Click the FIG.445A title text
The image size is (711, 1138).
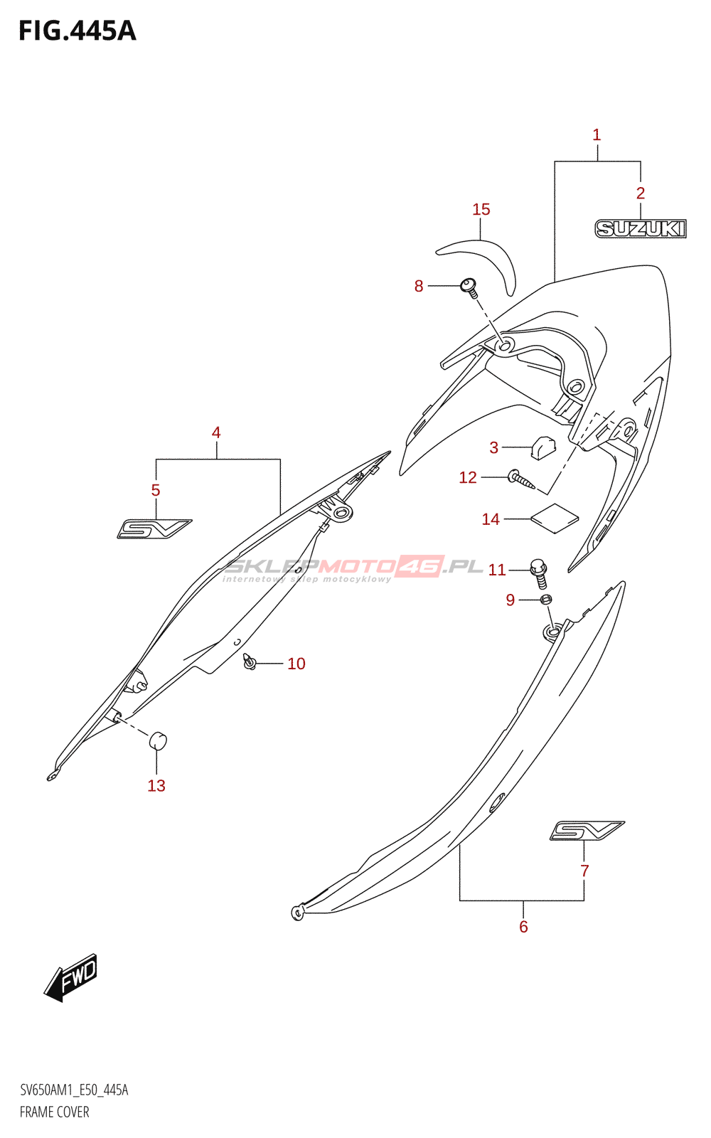(x=77, y=31)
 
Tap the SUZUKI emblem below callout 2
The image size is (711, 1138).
(x=641, y=228)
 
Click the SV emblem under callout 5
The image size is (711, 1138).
(x=154, y=529)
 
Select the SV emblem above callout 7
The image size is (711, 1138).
(x=587, y=831)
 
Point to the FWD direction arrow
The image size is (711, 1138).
(x=70, y=978)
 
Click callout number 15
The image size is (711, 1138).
(x=481, y=209)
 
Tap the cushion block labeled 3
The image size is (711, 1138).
(x=543, y=447)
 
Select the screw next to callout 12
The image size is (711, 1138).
(x=521, y=480)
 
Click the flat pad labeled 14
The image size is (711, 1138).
(x=555, y=519)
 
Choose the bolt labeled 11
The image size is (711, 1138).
(x=538, y=573)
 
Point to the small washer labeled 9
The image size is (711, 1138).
(x=545, y=600)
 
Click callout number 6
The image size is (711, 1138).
(x=523, y=927)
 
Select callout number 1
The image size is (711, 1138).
(x=597, y=135)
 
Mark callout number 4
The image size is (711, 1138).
(x=216, y=433)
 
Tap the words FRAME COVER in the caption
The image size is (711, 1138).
(x=54, y=1112)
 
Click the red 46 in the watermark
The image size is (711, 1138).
(x=419, y=566)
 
